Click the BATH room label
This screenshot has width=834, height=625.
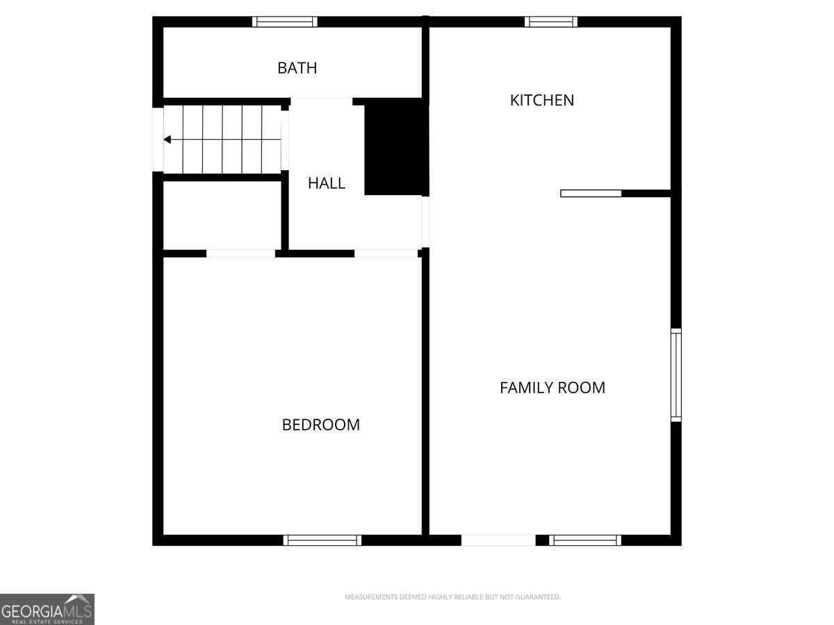click(x=297, y=68)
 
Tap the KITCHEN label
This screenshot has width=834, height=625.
click(x=542, y=101)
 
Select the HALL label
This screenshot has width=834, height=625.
click(x=327, y=183)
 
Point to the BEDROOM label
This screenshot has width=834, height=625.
click(x=321, y=425)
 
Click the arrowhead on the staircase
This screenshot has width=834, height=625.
click(x=167, y=140)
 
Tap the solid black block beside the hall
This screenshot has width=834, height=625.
click(x=397, y=147)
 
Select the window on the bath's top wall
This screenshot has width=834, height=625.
click(x=284, y=22)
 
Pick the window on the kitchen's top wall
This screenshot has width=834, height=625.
click(x=551, y=22)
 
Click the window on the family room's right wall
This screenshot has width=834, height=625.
click(x=676, y=375)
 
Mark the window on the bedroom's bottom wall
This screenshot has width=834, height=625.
click(x=322, y=540)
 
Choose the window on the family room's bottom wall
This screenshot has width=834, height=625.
click(x=585, y=540)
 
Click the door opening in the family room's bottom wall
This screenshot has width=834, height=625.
click(x=498, y=540)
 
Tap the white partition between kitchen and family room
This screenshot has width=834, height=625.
click(x=591, y=194)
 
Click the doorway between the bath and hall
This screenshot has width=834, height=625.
click(x=322, y=101)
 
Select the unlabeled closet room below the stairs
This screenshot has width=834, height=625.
click(x=222, y=215)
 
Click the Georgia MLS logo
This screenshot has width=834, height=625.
click(x=47, y=609)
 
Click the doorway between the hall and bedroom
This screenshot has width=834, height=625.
click(x=386, y=253)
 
